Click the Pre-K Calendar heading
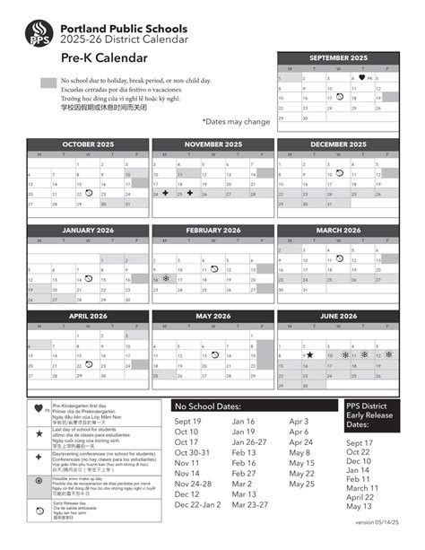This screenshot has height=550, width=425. pos(105,58)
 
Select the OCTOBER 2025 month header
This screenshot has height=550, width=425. pos(88,144)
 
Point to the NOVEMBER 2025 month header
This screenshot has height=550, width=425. pos(212,144)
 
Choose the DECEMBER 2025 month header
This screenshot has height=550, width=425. pos(338,144)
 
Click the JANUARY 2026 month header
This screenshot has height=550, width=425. pos(88,230)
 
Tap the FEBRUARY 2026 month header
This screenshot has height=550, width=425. pos(212,230)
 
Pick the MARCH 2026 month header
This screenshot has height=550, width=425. pos(338,230)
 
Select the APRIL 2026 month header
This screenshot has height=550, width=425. pos(88,316)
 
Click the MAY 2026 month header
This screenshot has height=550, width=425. pos(212,316)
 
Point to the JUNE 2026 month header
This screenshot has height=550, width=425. pos(338,316)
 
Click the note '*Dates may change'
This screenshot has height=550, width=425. pos(236,120)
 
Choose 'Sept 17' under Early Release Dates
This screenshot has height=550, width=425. pos(360,443)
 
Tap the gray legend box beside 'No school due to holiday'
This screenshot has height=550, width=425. pos(48,83)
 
